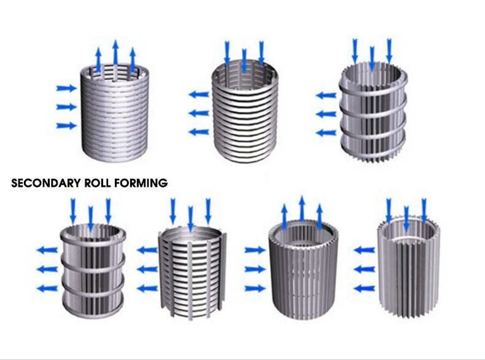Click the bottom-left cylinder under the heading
[92, 270]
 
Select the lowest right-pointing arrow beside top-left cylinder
[66, 125]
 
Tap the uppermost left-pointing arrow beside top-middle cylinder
[198, 95]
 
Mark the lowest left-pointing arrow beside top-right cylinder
[326, 133]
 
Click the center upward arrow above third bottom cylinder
[301, 209]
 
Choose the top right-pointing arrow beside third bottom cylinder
[254, 250]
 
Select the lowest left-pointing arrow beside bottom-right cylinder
[365, 288]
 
